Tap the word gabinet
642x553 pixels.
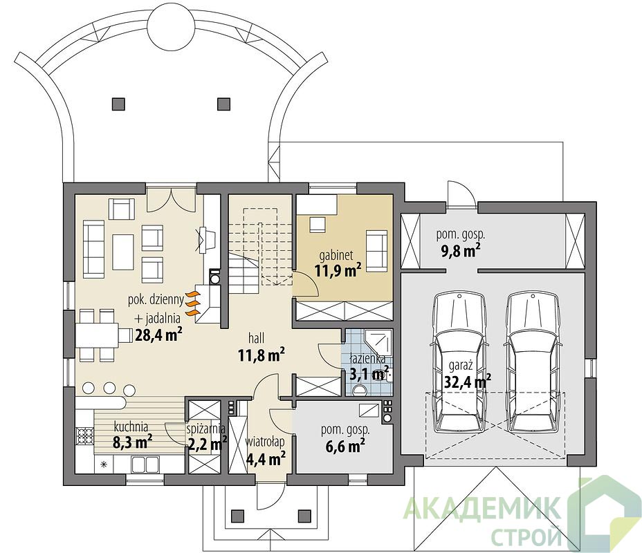[336, 256]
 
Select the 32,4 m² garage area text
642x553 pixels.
[468, 382]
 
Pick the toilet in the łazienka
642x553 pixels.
[360, 389]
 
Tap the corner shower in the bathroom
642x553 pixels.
[378, 342]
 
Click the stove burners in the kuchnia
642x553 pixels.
[85, 436]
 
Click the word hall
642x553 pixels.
[256, 338]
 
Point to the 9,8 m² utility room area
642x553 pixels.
[460, 251]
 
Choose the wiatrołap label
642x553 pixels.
[265, 442]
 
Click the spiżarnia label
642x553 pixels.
[206, 429]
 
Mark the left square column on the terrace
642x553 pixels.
[118, 104]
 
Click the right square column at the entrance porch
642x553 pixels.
[304, 514]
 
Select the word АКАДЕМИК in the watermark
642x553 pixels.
[481, 508]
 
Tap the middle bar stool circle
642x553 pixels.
[109, 387]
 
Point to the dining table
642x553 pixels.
[97, 335]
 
